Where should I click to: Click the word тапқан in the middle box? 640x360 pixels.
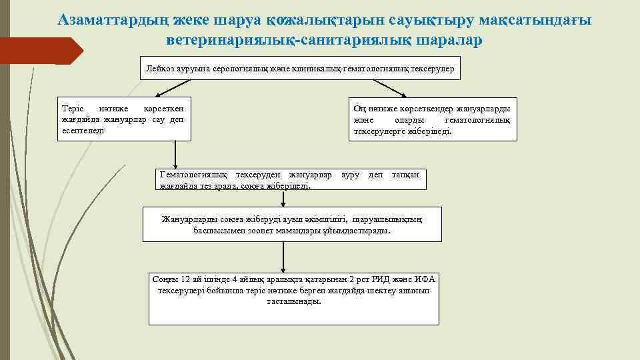click(x=405, y=175)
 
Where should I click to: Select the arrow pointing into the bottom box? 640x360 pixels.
click(x=284, y=257)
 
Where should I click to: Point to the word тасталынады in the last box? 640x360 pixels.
click(x=293, y=301)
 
